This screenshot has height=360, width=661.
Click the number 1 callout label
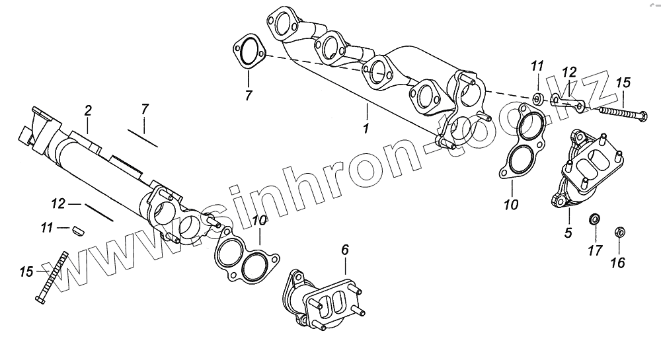(366, 127)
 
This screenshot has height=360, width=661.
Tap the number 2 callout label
(88, 111)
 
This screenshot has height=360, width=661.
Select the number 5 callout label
(568, 233)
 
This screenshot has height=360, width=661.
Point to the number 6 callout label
(345, 250)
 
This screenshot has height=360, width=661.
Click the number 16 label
(618, 263)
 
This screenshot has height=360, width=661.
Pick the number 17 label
(596, 251)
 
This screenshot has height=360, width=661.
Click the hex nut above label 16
(620, 232)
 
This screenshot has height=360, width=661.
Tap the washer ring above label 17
(594, 219)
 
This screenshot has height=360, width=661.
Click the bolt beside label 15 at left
(52, 277)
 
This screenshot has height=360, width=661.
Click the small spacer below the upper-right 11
(538, 99)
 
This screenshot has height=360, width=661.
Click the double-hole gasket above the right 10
(521, 141)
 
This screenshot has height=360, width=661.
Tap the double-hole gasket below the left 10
(245, 255)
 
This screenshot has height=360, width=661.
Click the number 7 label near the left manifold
(145, 110)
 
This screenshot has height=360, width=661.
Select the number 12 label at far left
(58, 204)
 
